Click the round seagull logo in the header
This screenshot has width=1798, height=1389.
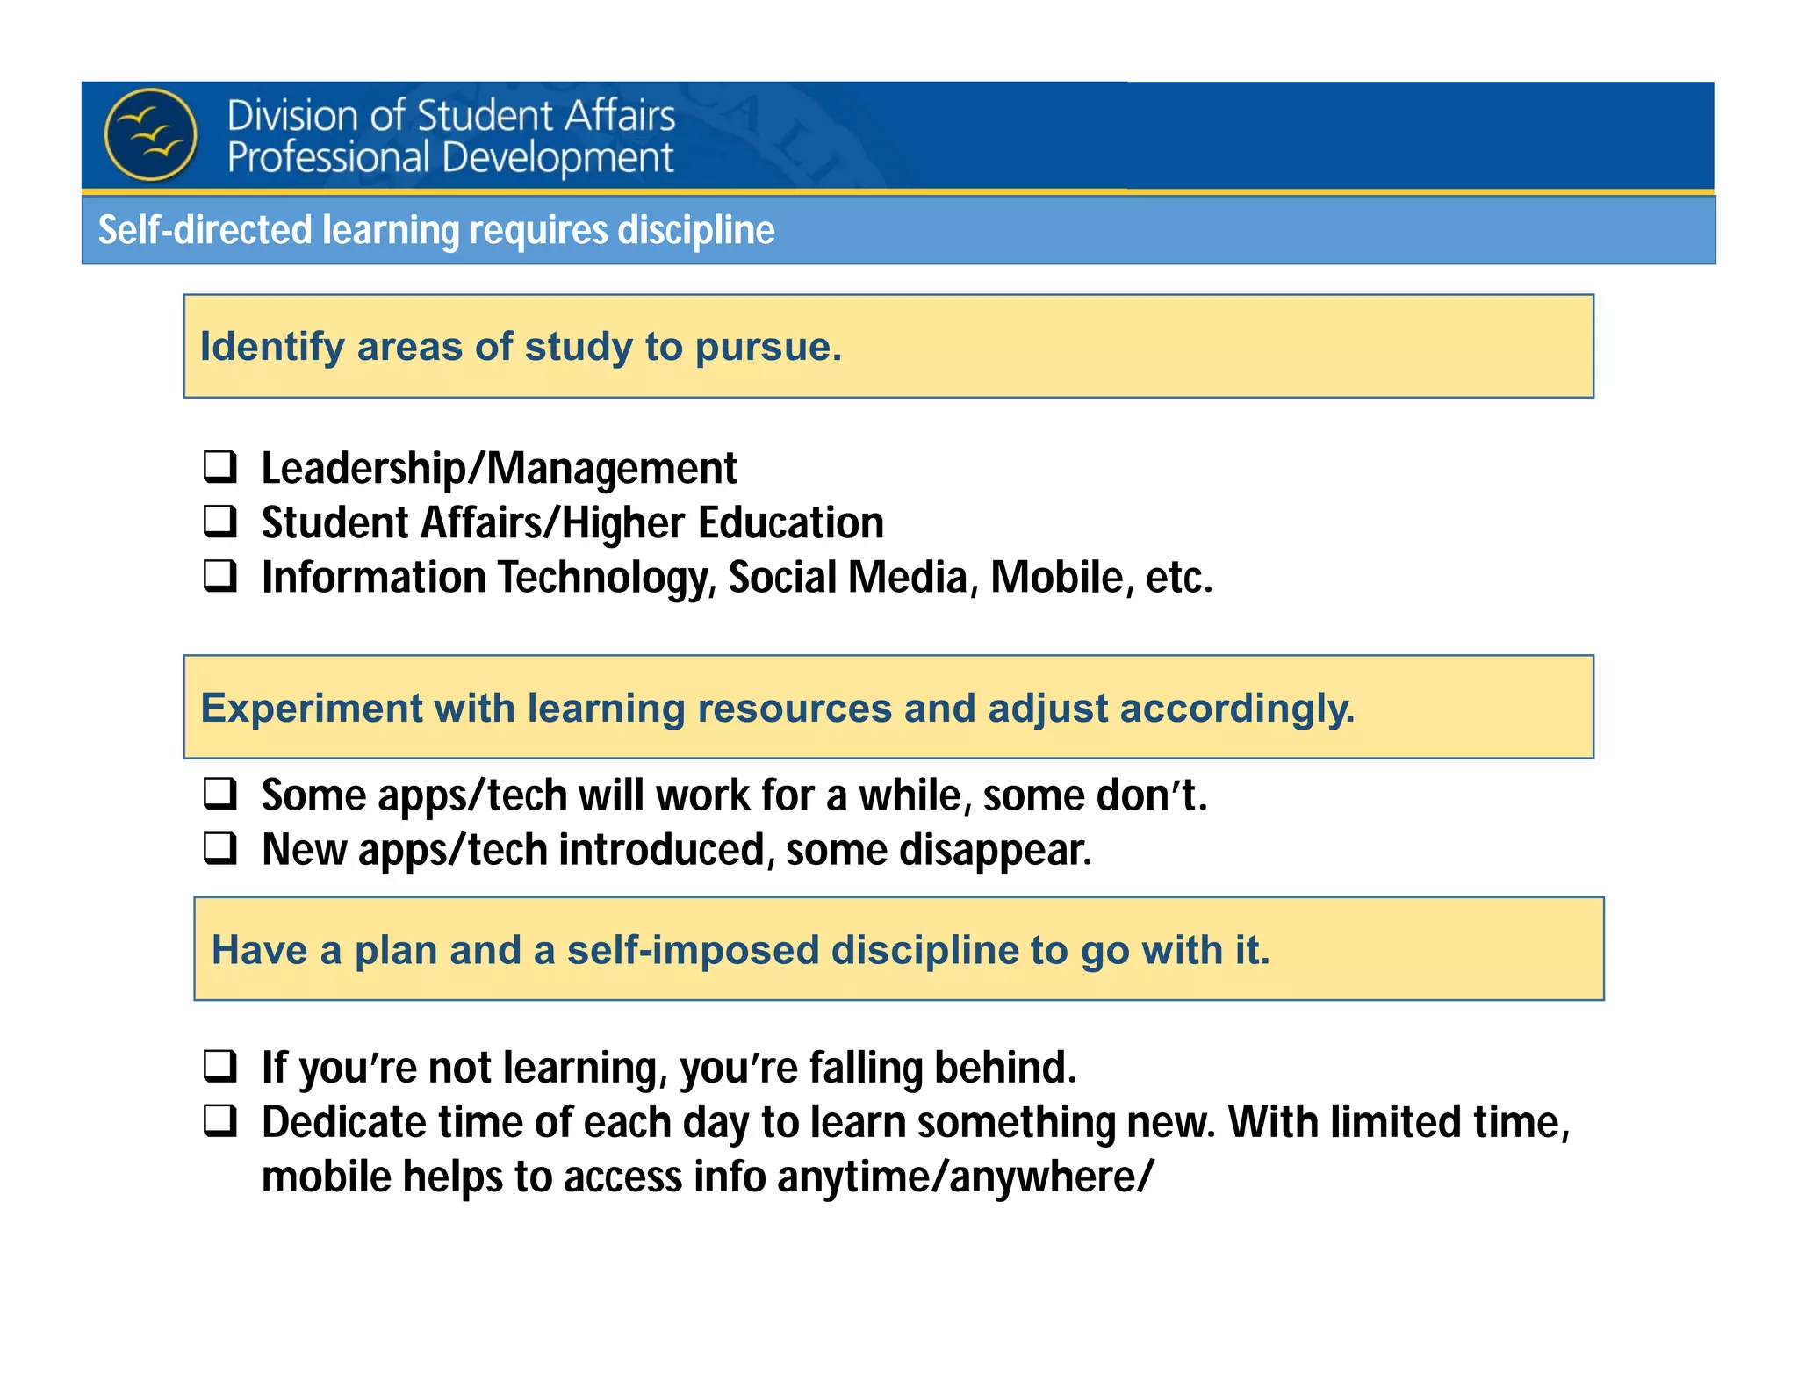coord(151,134)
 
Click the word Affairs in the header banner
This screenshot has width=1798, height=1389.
coord(621,116)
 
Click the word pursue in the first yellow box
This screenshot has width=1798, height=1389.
coord(767,347)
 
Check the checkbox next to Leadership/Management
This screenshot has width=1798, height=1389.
coord(219,466)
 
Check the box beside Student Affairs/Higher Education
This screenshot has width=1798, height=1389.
coord(219,521)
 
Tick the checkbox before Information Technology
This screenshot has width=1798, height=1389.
coord(219,575)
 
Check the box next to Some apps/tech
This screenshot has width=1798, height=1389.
coord(219,793)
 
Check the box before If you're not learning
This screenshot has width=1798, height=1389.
coord(219,1065)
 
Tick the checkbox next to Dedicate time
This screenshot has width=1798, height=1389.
coord(219,1120)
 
